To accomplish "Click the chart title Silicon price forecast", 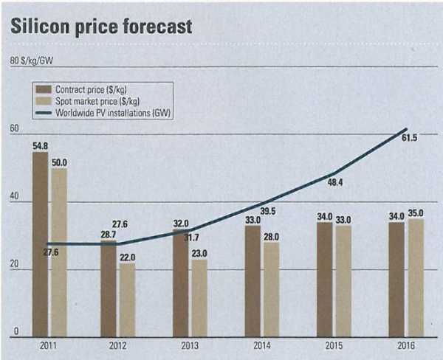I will tap(100, 27).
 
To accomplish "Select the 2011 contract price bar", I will tap(40, 243).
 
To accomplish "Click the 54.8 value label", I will tap(40, 146).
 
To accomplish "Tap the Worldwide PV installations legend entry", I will tap(114, 111).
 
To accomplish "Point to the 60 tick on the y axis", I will tap(13, 128).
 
